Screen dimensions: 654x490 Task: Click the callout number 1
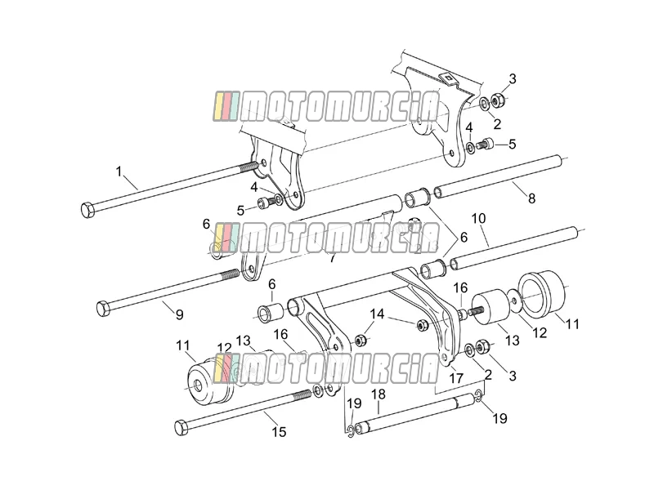(119, 171)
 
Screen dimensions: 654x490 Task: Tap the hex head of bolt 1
(87, 210)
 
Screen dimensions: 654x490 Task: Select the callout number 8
(531, 198)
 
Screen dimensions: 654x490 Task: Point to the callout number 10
(479, 218)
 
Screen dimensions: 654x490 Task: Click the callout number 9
(179, 314)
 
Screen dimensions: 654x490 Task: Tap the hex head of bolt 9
(103, 309)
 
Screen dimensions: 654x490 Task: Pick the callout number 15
(279, 432)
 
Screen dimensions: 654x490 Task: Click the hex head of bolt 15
(181, 428)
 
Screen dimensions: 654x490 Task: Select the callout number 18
(379, 394)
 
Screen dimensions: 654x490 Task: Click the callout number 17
(456, 378)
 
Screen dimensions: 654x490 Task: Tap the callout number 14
(377, 314)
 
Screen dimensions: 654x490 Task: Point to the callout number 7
(332, 258)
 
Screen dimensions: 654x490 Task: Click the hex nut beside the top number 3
(498, 100)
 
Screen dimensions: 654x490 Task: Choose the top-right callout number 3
(513, 78)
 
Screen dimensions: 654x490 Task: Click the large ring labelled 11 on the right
(541, 292)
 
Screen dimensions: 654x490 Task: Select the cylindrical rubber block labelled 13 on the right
(489, 307)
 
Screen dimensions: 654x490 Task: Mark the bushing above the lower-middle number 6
(271, 314)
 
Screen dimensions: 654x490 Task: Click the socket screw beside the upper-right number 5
(485, 145)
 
